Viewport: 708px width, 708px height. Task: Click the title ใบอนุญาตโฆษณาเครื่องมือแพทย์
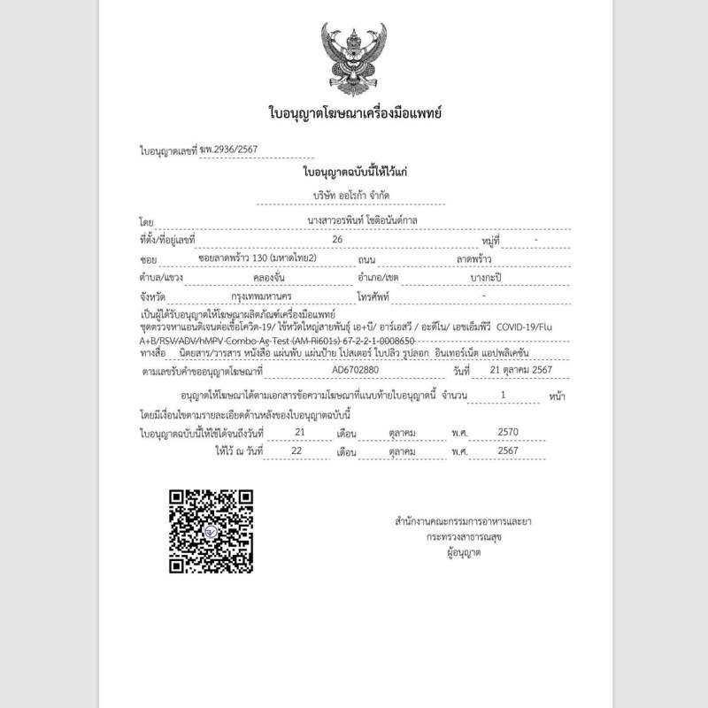(x=354, y=112)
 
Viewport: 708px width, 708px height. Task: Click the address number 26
(x=336, y=239)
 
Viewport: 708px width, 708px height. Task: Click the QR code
(x=212, y=531)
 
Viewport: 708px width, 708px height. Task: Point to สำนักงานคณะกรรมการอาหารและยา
(x=457, y=521)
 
